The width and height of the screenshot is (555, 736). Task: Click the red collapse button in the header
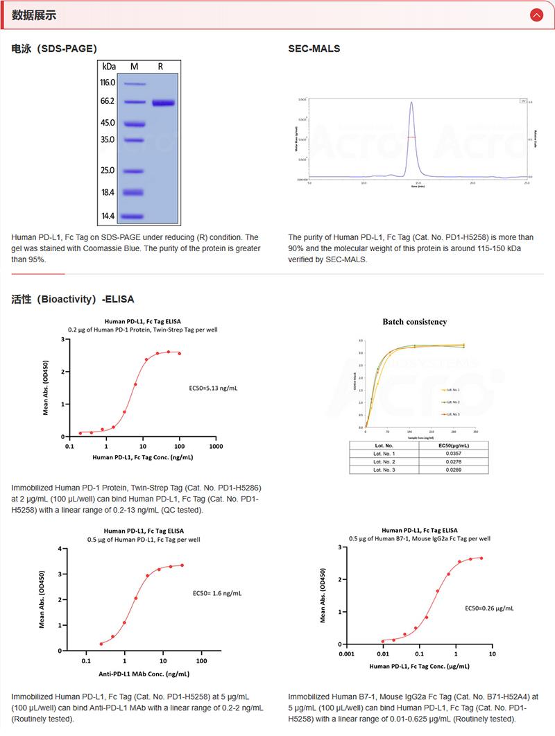(x=536, y=15)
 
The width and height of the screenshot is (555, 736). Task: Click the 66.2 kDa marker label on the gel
(x=108, y=101)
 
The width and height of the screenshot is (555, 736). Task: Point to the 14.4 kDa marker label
(x=108, y=216)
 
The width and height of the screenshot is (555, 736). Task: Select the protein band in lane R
(x=164, y=103)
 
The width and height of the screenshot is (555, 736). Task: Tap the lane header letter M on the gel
(x=134, y=67)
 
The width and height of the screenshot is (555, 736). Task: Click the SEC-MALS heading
(x=314, y=49)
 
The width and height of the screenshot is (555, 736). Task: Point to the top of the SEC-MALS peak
(x=411, y=103)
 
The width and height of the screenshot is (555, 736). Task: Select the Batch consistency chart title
(x=415, y=322)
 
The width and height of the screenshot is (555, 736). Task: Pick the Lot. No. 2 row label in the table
(x=384, y=461)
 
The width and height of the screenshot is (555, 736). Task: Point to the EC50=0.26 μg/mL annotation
(x=489, y=608)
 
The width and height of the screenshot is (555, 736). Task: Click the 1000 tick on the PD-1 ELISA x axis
(x=216, y=447)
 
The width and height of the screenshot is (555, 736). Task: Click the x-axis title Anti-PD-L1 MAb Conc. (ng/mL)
(x=144, y=674)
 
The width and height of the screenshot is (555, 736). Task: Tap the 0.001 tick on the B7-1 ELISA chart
(x=345, y=654)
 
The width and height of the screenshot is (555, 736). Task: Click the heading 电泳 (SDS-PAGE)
(x=54, y=49)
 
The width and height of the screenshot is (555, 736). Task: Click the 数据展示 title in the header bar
(x=34, y=15)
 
